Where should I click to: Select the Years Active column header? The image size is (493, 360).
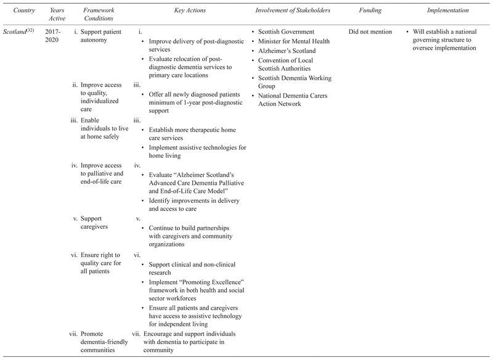pyautogui.click(x=56, y=14)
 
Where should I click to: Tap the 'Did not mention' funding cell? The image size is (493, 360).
pyautogui.click(x=370, y=31)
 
